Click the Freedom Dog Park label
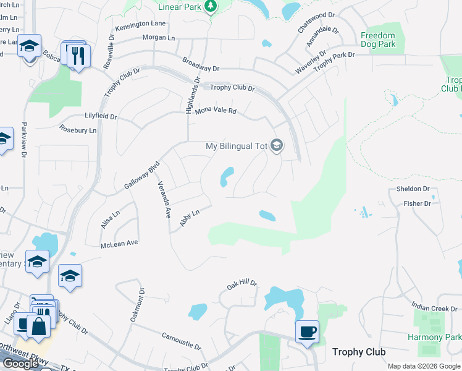click(377, 40)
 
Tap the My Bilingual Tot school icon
click(277, 147)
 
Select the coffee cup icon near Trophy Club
click(307, 331)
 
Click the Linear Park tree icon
click(211, 6)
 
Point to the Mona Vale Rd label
click(216, 111)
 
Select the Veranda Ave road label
click(164, 200)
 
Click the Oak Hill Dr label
click(241, 284)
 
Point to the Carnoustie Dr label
click(181, 341)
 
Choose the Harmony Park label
click(434, 338)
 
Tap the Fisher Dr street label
click(417, 203)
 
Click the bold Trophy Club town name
click(359, 352)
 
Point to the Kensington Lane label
click(140, 23)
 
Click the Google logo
click(20, 363)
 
